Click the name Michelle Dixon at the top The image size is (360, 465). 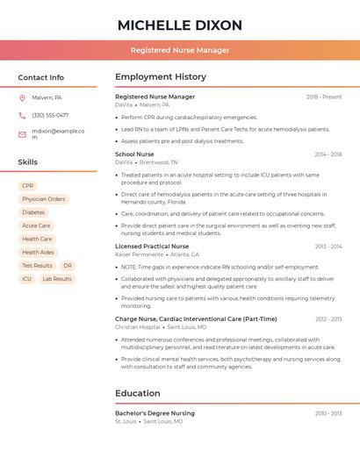[x=180, y=25]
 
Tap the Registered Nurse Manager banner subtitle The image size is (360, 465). [x=180, y=50]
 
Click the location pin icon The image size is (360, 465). [x=22, y=98]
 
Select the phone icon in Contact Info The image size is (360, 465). [x=22, y=115]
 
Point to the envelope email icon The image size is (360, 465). [x=22, y=134]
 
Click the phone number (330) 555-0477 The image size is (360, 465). [x=50, y=115]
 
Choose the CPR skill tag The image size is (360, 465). [x=28, y=186]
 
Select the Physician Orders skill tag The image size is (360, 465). [x=44, y=199]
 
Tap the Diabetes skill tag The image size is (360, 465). [x=33, y=212]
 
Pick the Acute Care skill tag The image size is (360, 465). [x=36, y=225]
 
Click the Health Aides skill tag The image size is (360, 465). [x=38, y=252]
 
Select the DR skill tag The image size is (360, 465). [x=68, y=265]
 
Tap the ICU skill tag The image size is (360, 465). [x=27, y=279]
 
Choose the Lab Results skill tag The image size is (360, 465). [x=58, y=279]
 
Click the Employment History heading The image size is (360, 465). [x=161, y=77]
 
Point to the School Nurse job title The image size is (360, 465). [x=134, y=154]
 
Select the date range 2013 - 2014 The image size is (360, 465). [x=328, y=247]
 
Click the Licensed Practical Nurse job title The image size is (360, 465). [x=152, y=247]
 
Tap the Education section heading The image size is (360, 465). [x=138, y=393]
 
